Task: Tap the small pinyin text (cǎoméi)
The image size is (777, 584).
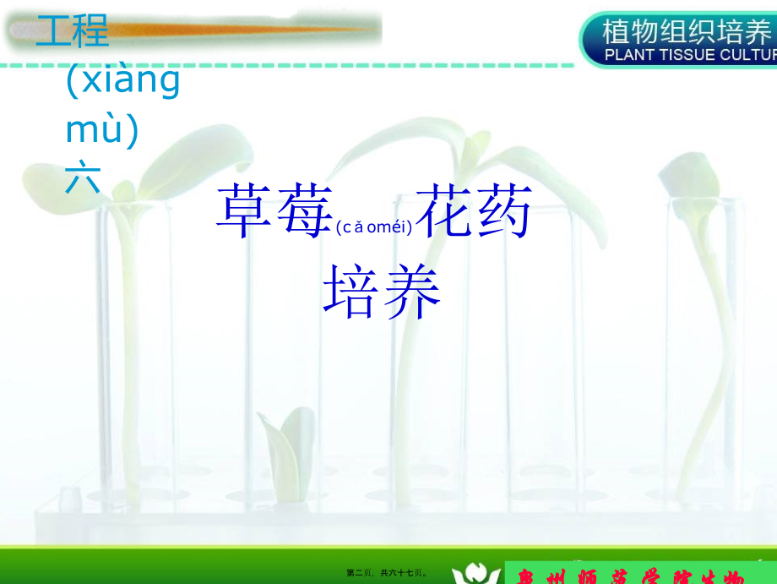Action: click(x=373, y=227)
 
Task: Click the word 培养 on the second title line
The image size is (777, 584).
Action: click(x=383, y=292)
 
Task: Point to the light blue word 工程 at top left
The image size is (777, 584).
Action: click(x=73, y=32)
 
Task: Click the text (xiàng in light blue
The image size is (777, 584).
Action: click(x=123, y=82)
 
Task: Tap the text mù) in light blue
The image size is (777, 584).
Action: click(x=102, y=131)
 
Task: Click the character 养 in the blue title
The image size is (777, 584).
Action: click(x=412, y=292)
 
